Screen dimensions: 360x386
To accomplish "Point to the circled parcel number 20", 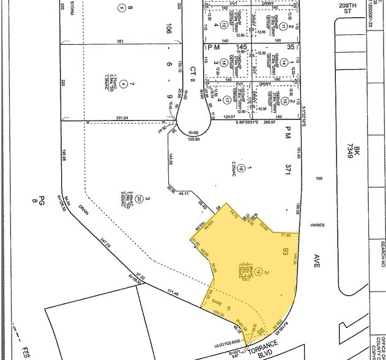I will click(139, 199).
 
